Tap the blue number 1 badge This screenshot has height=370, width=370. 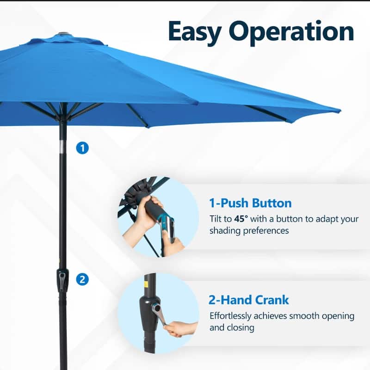pos(82,148)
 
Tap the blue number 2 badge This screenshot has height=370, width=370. pos(82,279)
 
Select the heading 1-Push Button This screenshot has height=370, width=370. pos(250,203)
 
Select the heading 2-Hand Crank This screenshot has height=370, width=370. pos(249,300)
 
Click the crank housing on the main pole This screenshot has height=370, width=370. pos(62,280)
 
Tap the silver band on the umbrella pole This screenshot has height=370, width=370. pos(63,147)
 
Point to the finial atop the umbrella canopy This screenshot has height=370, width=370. pos(63,34)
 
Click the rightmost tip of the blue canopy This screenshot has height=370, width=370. pos(339,111)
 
